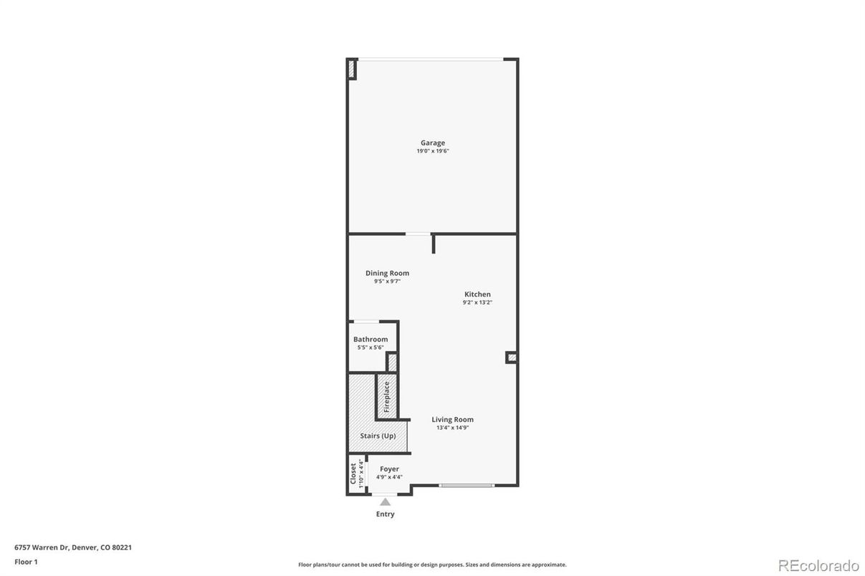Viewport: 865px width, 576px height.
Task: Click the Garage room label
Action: [432, 143]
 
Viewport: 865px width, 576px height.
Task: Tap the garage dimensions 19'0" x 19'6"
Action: [432, 151]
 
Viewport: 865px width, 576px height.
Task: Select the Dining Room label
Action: [387, 273]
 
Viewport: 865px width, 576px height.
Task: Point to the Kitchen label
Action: [477, 294]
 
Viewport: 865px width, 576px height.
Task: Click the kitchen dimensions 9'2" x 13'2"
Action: [477, 302]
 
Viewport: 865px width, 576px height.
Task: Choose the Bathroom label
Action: [371, 340]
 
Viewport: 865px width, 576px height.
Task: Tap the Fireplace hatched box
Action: [386, 396]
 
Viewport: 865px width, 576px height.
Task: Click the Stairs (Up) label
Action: [378, 436]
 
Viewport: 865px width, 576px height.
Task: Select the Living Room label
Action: [452, 420]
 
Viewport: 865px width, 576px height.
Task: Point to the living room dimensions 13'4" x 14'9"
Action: [452, 428]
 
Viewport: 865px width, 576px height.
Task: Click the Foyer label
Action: [389, 469]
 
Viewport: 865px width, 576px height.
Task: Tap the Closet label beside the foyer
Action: [353, 474]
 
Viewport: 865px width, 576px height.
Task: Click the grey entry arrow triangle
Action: [386, 502]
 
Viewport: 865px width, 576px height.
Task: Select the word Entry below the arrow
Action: [386, 514]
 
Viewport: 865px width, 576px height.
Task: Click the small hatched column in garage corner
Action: [352, 69]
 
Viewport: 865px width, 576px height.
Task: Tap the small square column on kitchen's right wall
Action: [511, 357]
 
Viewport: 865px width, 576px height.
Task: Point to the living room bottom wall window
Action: [467, 486]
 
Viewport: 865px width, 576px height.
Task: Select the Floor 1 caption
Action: [26, 562]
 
